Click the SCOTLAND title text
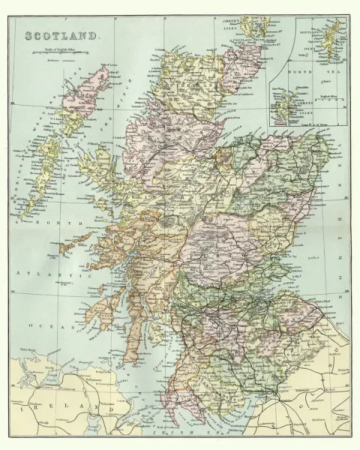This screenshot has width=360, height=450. (x=61, y=35)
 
